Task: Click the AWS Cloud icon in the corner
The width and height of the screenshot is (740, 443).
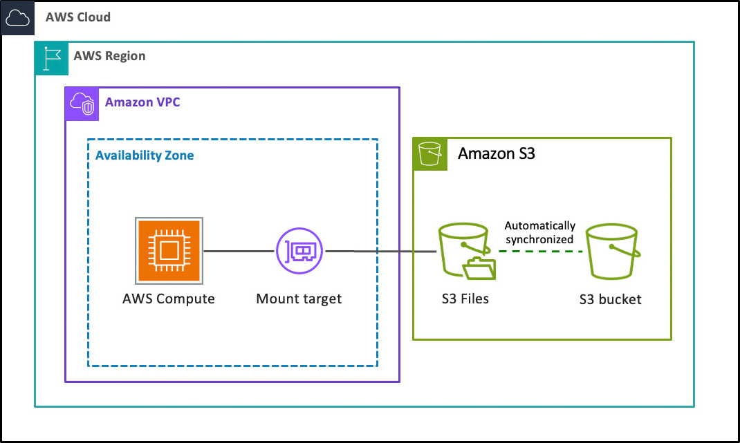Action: (x=18, y=18)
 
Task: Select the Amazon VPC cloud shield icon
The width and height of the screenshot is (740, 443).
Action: (x=82, y=104)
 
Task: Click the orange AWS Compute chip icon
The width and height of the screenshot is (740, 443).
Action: (x=169, y=251)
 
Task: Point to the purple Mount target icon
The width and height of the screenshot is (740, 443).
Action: (x=300, y=251)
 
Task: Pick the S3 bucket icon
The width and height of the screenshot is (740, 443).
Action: (x=611, y=254)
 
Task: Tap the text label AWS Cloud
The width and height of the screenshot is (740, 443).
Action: (x=78, y=17)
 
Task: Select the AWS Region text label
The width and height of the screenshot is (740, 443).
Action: (x=109, y=56)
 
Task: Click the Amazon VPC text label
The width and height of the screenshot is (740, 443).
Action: (x=142, y=103)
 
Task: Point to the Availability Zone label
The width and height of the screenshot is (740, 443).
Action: (x=145, y=155)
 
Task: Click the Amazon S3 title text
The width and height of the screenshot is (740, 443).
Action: (x=497, y=153)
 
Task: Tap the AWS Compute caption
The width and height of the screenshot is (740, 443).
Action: (x=169, y=299)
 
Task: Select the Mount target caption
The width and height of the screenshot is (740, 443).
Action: (x=299, y=299)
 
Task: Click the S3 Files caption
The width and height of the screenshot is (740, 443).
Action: (x=465, y=299)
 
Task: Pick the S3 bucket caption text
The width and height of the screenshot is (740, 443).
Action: (x=611, y=300)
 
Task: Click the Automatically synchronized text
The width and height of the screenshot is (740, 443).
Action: (x=539, y=232)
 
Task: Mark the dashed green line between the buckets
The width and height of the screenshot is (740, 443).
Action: (x=540, y=252)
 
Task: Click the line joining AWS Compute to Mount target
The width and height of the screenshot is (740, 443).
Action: (x=239, y=251)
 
